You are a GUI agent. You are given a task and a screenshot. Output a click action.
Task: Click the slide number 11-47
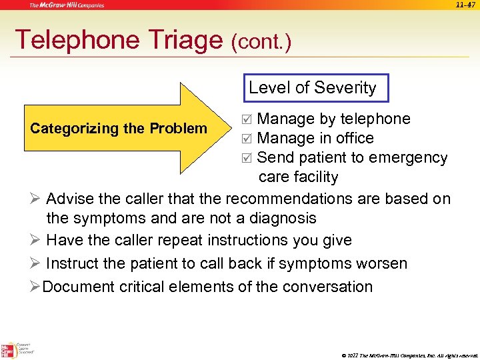[466, 4]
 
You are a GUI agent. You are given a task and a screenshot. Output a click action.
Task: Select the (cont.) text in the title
[261, 43]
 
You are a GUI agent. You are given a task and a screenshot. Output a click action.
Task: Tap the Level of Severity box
[313, 87]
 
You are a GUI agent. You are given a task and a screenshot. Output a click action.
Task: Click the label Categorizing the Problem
[119, 128]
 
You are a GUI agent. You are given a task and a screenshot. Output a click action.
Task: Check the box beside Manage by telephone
[247, 119]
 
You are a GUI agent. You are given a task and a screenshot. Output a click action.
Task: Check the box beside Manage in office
[247, 139]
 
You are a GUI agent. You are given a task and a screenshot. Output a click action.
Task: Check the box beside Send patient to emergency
[247, 158]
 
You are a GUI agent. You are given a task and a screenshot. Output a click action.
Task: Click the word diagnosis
[281, 218]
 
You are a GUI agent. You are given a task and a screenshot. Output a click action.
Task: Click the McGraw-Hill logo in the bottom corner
[8, 349]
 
